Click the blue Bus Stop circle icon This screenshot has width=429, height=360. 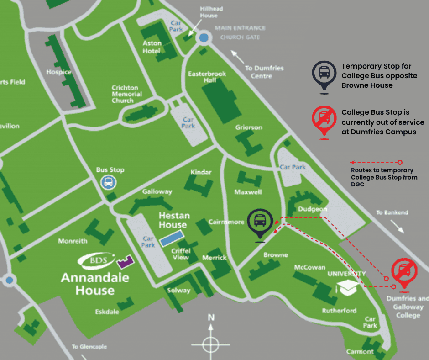(108, 183)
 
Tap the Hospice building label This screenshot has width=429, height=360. (59, 72)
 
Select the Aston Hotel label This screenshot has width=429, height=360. (152, 47)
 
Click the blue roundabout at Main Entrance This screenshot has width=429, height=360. (204, 38)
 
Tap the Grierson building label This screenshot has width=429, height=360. (249, 127)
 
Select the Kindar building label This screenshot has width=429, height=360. (201, 172)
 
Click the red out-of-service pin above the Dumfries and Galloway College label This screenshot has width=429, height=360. (403, 273)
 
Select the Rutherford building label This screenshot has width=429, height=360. (339, 311)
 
